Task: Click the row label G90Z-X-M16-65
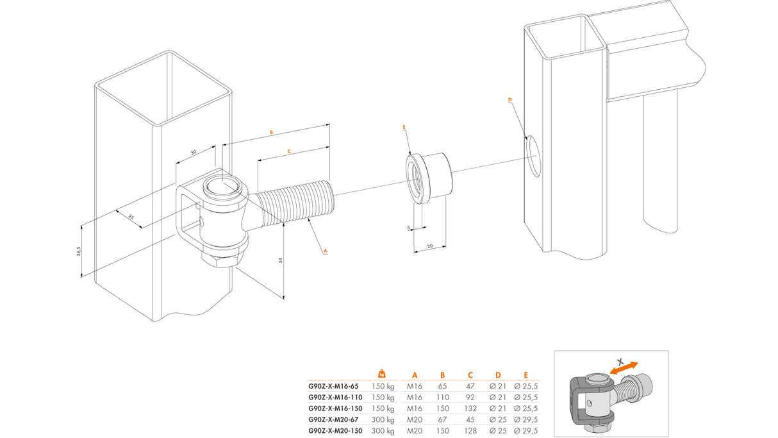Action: tap(333, 386)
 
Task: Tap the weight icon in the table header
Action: tap(382, 374)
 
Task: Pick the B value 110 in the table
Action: tap(442, 397)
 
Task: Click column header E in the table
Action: tap(525, 375)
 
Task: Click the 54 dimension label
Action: tap(279, 259)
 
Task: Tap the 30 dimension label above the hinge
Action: tap(194, 153)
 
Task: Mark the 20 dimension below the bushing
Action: tap(430, 246)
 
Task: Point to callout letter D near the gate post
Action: tap(510, 100)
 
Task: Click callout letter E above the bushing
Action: tap(404, 128)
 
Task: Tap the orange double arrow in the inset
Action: tap(624, 369)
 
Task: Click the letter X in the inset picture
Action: tap(619, 360)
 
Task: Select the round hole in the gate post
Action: tap(532, 155)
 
